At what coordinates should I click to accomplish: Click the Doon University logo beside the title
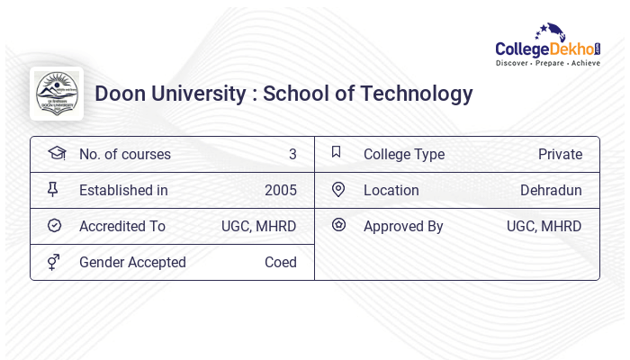pos(57,94)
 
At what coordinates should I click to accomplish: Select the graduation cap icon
pos(56,153)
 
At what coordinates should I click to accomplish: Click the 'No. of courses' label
pos(124,154)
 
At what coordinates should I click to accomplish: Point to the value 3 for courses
pos(292,154)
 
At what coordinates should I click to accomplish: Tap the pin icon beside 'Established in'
pos(53,189)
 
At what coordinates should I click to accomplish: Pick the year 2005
pos(280,190)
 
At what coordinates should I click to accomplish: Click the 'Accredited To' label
pos(121,226)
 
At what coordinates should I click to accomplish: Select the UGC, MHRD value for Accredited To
pos(258,226)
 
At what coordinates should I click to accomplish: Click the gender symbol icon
pos(54,262)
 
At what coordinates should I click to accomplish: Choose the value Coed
pos(280,262)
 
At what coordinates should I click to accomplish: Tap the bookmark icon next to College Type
pos(336,152)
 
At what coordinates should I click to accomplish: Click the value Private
pos(560,154)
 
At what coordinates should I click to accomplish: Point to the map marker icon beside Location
pos(338,189)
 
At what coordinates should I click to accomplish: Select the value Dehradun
pos(551,190)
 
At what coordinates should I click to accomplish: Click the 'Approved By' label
pos(403,226)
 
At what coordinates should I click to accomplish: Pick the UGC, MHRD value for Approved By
pos(544,226)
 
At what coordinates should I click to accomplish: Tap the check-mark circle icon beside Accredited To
pos(54,225)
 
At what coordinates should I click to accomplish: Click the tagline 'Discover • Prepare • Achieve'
pos(547,64)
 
